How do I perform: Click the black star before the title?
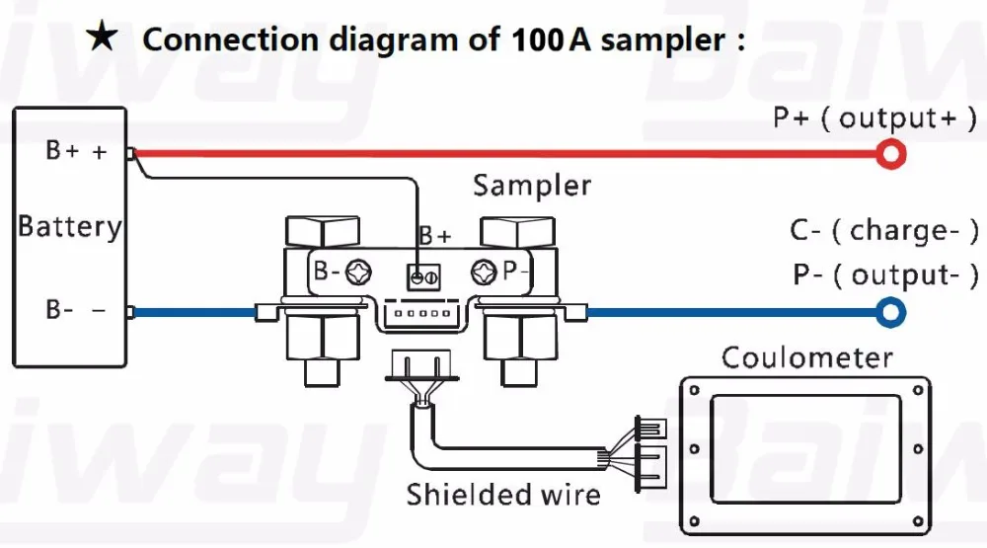pyautogui.click(x=102, y=36)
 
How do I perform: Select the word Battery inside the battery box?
pyautogui.click(x=69, y=227)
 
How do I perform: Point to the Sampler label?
pyautogui.click(x=532, y=186)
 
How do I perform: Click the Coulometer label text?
pyautogui.click(x=807, y=357)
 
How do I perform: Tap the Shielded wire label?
pyautogui.click(x=503, y=495)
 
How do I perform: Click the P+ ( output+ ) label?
pyautogui.click(x=874, y=117)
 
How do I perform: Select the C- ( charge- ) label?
pyautogui.click(x=884, y=230)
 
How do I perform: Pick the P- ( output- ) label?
pyautogui.click(x=885, y=274)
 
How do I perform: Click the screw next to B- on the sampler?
pyautogui.click(x=358, y=273)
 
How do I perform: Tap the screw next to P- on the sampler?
pyautogui.click(x=484, y=273)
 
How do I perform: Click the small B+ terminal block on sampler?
pyautogui.click(x=423, y=276)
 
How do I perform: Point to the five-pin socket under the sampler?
pyautogui.click(x=422, y=312)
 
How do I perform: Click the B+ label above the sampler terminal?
pyautogui.click(x=435, y=236)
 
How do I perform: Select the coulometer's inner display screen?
pyautogui.click(x=805, y=449)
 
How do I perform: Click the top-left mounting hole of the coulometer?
pyautogui.click(x=694, y=391)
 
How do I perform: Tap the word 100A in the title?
pyautogui.click(x=551, y=39)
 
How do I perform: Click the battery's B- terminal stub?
pyautogui.click(x=130, y=312)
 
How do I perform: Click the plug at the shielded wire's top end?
pyautogui.click(x=421, y=366)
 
